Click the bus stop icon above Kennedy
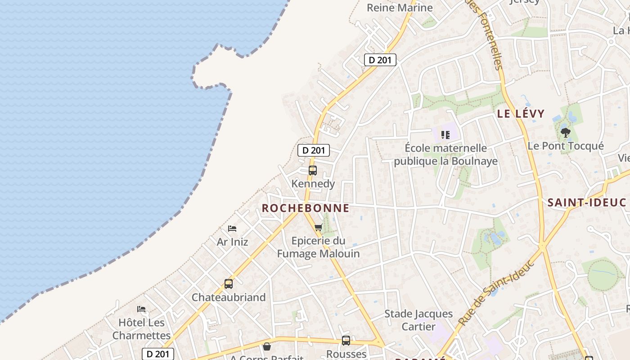313,171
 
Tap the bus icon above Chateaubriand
229,284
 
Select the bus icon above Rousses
346,341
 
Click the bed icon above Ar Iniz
232,229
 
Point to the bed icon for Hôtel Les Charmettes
141,309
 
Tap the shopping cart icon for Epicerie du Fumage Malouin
319,227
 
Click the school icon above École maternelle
445,135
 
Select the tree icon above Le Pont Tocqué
566,133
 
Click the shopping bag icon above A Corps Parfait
267,346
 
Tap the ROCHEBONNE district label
306,208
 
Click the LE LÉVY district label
521,114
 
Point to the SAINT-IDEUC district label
587,202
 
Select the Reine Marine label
400,8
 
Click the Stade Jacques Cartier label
418,320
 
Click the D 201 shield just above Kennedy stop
314,150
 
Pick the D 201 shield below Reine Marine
380,60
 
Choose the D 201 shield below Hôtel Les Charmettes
158,354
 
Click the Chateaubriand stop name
229,297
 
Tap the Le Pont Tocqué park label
566,146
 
